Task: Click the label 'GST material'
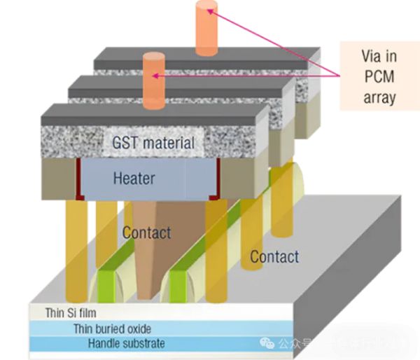point(153,144)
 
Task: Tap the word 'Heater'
point(135,178)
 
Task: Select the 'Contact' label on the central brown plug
point(146,232)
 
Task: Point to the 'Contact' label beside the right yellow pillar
point(275,256)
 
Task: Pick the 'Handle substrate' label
point(127,343)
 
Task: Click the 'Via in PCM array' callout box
point(379,74)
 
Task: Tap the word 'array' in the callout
point(379,97)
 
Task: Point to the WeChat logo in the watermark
point(268,343)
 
